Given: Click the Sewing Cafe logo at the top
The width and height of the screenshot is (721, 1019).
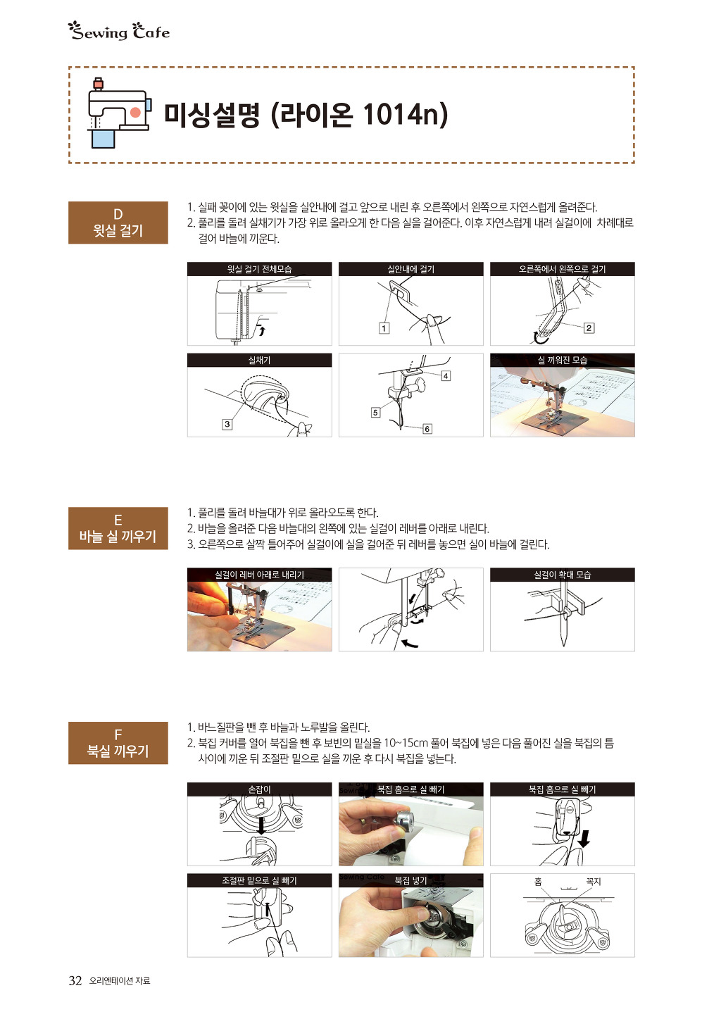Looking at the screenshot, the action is (x=119, y=31).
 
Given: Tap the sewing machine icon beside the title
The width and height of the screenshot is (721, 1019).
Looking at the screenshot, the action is (x=119, y=113).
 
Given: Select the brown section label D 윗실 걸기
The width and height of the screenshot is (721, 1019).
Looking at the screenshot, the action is (x=118, y=223).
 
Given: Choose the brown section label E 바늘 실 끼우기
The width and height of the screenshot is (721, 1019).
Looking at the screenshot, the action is (x=118, y=529).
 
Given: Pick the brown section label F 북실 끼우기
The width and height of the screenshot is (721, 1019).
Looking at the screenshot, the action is (x=118, y=744).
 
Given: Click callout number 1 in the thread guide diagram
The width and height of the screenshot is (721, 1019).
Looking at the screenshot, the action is (x=384, y=328).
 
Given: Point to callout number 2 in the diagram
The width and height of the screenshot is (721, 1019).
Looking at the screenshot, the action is (x=589, y=328).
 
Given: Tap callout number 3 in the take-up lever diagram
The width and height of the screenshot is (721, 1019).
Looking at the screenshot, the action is (x=227, y=425).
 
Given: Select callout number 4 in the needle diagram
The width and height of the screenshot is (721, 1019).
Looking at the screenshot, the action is (x=446, y=376).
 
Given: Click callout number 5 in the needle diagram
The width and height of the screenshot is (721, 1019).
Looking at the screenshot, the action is (x=375, y=413).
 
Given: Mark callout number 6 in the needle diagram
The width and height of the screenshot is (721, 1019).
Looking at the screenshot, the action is (x=427, y=429).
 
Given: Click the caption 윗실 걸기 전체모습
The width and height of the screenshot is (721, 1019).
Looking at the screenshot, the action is (x=259, y=269).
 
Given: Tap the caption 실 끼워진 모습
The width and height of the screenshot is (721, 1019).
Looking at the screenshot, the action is (x=563, y=361).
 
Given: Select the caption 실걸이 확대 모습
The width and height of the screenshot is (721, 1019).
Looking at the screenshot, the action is (x=563, y=575).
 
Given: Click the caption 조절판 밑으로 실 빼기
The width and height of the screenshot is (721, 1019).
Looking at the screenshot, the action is (x=259, y=881).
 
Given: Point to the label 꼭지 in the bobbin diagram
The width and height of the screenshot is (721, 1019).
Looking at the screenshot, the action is (x=594, y=882).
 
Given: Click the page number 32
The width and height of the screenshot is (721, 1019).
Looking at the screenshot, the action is (x=75, y=981).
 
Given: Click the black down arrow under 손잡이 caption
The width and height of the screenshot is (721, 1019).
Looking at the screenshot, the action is (x=261, y=825).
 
